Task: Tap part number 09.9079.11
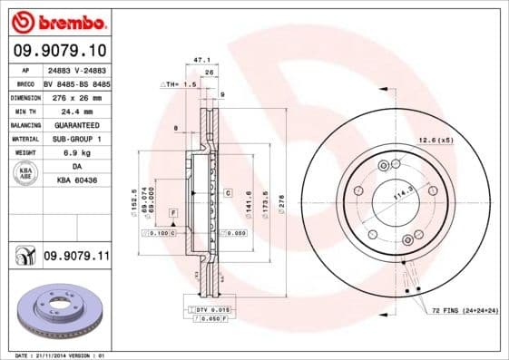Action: click(x=75, y=257)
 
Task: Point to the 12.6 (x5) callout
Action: click(x=435, y=140)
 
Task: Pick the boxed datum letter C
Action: click(x=228, y=193)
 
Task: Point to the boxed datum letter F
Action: click(x=172, y=211)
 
